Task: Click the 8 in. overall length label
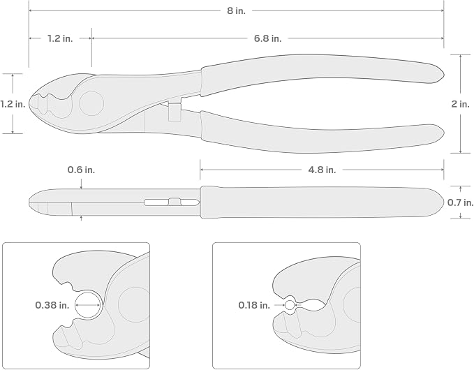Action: point(237,11)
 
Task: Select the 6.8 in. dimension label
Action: point(267,38)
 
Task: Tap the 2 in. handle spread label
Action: point(461,104)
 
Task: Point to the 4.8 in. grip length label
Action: point(322,170)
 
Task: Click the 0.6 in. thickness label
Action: point(81,170)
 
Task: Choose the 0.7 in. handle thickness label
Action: point(461,202)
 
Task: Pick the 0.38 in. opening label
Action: point(52,305)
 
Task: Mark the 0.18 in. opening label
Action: point(254,305)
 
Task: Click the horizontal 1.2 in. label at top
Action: point(60,38)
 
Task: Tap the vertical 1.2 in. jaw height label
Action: point(13,104)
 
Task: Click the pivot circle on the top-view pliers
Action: point(91,103)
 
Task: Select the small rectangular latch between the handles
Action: point(175,112)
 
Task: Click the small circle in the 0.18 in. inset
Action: point(290,305)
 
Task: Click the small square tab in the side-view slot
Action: point(175,202)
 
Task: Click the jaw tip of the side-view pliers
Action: point(30,202)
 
